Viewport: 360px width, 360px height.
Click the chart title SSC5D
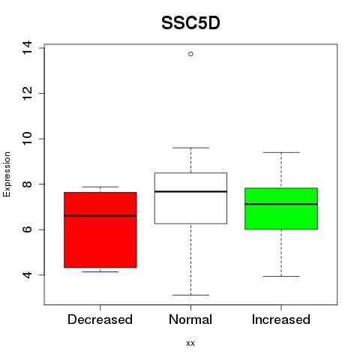[190, 23]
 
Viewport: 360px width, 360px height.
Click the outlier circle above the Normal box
[190, 54]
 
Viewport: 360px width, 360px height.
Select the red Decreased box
[100, 230]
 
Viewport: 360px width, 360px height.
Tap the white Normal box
[190, 198]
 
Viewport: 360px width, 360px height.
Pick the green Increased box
[281, 208]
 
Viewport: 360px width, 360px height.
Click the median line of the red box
[100, 215]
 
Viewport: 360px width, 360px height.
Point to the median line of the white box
[190, 191]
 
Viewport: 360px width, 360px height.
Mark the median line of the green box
[281, 204]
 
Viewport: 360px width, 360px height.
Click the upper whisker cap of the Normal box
[190, 148]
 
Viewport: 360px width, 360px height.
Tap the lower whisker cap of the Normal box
[190, 295]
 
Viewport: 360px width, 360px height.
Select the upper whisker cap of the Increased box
[281, 152]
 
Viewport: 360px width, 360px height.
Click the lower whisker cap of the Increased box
[281, 276]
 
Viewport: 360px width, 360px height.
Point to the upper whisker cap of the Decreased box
[100, 187]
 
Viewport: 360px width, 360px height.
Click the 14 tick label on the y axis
[27, 47]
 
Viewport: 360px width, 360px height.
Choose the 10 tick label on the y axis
[27, 139]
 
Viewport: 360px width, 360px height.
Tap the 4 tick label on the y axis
[27, 275]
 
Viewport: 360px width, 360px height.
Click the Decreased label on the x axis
[100, 319]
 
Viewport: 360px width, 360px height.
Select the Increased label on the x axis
[281, 319]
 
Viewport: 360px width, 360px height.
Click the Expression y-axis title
[7, 174]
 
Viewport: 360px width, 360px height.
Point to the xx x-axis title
[190, 343]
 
